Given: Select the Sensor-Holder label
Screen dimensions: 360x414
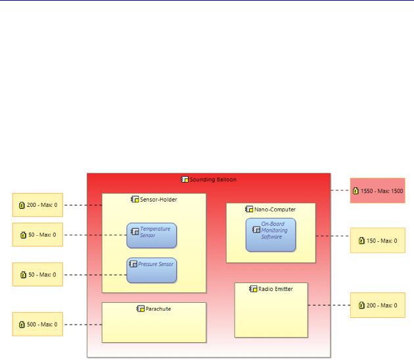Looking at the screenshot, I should point(158,199).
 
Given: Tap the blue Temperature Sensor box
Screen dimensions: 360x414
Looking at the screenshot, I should point(152,235).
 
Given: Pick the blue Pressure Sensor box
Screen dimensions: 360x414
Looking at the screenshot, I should point(152,270).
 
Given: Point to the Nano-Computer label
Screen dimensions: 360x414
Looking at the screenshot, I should point(275,209).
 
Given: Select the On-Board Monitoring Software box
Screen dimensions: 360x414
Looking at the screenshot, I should point(271,235).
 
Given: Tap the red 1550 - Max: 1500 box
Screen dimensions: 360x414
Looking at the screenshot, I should point(377,191).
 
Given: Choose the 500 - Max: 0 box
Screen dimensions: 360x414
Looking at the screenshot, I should point(37,324).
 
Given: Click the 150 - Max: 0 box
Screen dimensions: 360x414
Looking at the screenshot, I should point(377,240).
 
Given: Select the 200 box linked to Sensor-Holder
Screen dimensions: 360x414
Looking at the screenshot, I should point(37,205).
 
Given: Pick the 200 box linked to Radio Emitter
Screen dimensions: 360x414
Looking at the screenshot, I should point(377,305).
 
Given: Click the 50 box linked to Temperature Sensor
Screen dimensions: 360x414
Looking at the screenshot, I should point(37,235).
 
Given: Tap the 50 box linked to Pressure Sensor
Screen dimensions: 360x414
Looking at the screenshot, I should point(37,274).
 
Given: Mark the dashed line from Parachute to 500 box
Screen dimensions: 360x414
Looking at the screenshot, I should point(82,324).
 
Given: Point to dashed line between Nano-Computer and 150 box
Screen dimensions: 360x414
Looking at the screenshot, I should point(333,235).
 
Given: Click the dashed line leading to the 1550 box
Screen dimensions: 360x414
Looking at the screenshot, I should point(340,191).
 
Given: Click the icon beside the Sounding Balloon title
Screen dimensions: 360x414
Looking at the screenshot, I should point(185,179).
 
